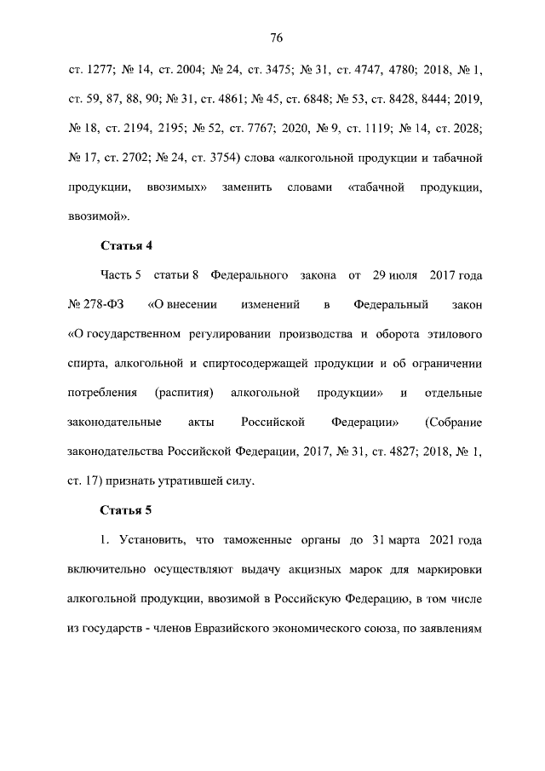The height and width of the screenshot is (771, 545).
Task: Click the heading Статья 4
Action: coord(126,246)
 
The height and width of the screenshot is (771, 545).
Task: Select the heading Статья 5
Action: coord(126,510)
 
